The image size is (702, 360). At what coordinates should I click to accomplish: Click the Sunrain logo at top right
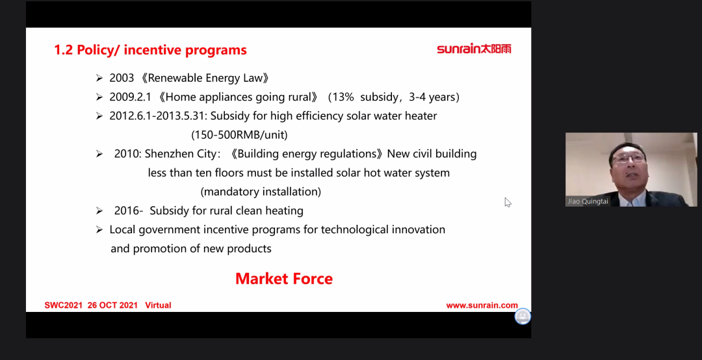pos(474,49)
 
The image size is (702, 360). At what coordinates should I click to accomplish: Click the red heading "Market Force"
pos(284,279)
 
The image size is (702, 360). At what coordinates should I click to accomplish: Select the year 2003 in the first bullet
pos(122,78)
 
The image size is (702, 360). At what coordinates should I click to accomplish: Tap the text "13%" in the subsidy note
pos(344,97)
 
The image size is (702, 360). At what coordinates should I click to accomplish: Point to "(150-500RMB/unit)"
pos(239,135)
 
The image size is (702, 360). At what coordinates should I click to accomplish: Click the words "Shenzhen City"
pos(181,154)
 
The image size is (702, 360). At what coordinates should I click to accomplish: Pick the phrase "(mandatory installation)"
pos(261,192)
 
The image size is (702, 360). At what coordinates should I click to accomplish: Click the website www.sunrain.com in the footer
pos(482,305)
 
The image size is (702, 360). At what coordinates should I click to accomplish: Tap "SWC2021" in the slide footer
pos(63,305)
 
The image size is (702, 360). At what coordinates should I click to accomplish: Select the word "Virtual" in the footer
pos(158,305)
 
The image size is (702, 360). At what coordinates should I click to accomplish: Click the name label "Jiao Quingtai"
pos(588,201)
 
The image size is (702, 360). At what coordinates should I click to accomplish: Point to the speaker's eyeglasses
pos(629,158)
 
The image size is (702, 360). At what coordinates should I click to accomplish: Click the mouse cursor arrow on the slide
pos(508,202)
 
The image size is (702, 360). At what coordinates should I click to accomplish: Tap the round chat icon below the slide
pos(523,316)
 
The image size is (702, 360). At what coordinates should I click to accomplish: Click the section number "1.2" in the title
pos(63,49)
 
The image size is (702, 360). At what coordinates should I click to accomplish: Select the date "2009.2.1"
pos(130,97)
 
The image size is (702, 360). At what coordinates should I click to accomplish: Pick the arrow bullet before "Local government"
pos(99,229)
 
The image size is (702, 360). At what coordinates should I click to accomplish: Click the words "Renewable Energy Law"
pos(205,78)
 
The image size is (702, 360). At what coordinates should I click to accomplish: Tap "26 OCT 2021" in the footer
pos(112,305)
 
